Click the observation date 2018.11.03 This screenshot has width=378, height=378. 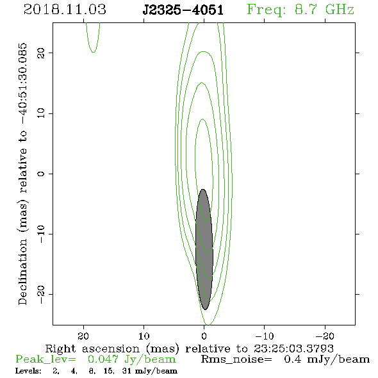[x=65, y=10]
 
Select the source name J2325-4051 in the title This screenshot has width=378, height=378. [x=183, y=10]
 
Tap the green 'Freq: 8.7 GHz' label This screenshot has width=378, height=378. [x=300, y=10]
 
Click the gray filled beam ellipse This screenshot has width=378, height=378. [x=204, y=249]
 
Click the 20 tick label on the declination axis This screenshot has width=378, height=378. [x=41, y=53]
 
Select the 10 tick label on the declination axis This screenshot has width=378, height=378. [x=41, y=113]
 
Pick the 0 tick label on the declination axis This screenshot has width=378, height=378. [x=41, y=174]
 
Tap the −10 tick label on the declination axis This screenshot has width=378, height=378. [x=41, y=234]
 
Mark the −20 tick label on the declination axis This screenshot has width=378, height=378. [x=41, y=294]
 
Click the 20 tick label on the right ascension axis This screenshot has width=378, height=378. [x=83, y=336]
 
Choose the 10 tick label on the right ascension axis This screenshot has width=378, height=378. [x=144, y=336]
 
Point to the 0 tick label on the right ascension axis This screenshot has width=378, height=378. [x=204, y=336]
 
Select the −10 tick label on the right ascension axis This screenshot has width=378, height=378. [x=265, y=336]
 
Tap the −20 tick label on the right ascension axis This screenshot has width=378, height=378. [x=325, y=336]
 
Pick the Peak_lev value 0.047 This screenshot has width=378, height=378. [x=103, y=359]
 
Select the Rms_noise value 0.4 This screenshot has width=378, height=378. [x=293, y=359]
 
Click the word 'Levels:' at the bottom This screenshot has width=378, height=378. [x=28, y=371]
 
